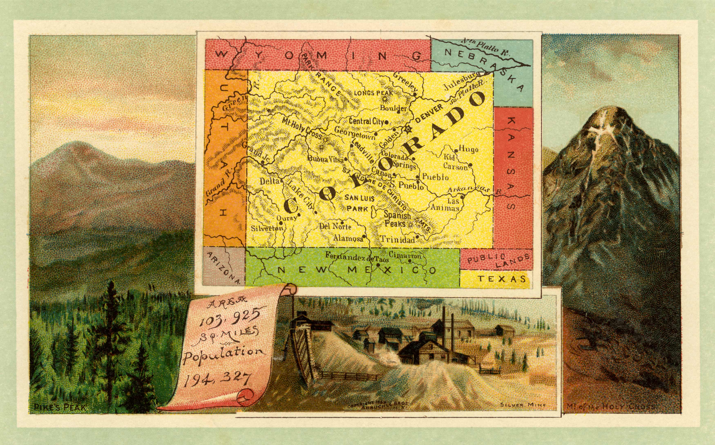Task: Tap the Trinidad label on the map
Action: coord(398,239)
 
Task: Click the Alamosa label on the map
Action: coord(348,238)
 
